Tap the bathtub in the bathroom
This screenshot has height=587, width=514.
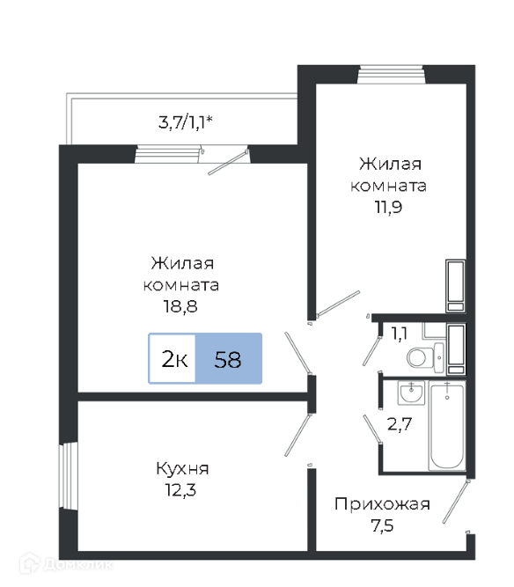tap(447, 427)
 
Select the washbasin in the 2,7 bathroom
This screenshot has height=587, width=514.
tap(411, 393)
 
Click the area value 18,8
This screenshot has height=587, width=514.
tap(180, 306)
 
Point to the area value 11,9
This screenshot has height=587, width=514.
tap(388, 207)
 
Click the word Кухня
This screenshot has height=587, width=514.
tap(182, 468)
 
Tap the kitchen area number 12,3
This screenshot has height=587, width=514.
tap(180, 489)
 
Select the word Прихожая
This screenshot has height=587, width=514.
tap(382, 504)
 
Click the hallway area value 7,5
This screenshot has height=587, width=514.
tap(382, 525)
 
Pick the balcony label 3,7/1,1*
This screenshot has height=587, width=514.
tap(186, 122)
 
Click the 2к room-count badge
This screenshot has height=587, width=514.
tap(173, 359)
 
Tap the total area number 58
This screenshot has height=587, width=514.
tap(228, 359)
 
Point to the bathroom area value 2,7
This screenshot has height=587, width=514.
tap(400, 424)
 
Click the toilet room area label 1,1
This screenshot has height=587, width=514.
tap(399, 334)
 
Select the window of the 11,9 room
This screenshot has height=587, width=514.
tap(392, 74)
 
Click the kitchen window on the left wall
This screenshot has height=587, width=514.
tap(69, 475)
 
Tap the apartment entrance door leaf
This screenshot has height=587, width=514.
tap(456, 501)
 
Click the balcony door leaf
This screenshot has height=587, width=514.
tap(228, 162)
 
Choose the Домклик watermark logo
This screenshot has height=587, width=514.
tap(67, 564)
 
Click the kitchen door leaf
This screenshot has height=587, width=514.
tap(298, 435)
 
